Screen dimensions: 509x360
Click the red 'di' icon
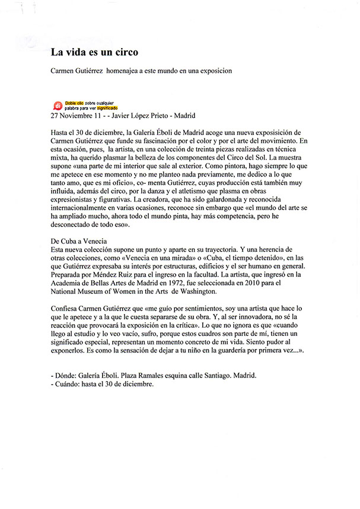[x=58, y=105]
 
